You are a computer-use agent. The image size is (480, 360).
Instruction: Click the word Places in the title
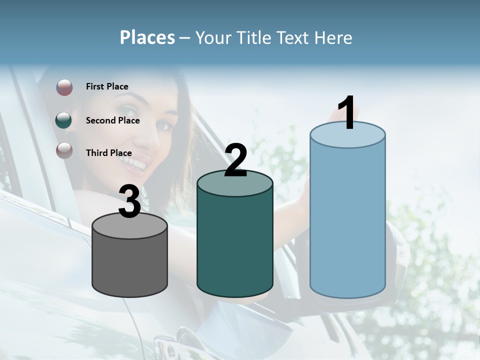pos(147,38)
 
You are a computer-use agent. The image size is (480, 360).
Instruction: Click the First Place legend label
pos(107,86)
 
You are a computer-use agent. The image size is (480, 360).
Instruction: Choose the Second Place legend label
pos(112,120)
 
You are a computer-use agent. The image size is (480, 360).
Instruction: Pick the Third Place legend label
pos(108,153)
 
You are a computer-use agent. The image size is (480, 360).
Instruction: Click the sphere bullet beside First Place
pos(64,87)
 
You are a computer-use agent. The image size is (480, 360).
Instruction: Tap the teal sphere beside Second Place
pos(64,120)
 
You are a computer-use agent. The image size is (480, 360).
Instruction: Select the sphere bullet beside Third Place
pos(64,150)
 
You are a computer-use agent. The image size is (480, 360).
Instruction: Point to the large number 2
pos(236,160)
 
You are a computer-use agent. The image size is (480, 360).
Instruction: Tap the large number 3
pos(129,201)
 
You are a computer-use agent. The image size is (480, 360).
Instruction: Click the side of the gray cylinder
pos(130,265)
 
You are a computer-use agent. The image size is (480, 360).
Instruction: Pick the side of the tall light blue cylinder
pos(347,220)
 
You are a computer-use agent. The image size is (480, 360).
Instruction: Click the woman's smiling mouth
pos(139,162)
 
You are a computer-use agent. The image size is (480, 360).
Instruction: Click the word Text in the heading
pos(295,38)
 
